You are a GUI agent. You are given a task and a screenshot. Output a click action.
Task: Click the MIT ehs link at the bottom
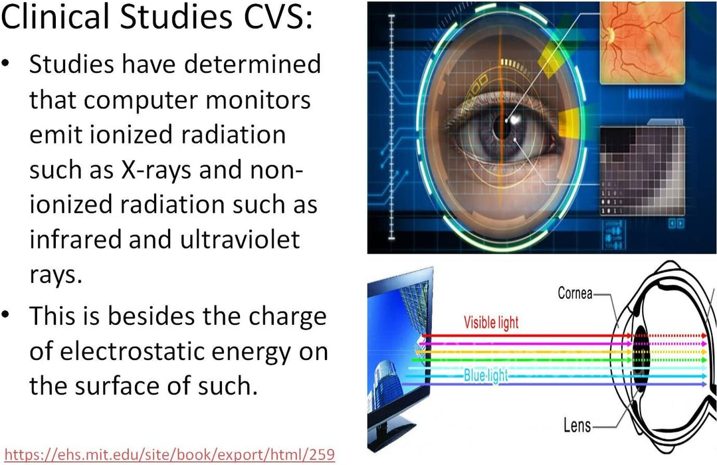pos(169,454)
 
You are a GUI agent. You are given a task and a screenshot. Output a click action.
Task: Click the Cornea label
pos(575,293)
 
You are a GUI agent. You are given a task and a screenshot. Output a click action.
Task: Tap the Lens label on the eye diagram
pos(577,426)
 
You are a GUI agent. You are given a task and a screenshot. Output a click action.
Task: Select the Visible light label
pos(491,322)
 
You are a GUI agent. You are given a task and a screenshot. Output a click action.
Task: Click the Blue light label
pos(486,375)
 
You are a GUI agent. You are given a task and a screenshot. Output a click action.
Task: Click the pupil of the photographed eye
pos(502,128)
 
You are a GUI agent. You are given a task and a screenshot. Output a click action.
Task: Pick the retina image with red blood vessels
pos(641,43)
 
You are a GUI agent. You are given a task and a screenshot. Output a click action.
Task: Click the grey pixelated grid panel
pos(642,171)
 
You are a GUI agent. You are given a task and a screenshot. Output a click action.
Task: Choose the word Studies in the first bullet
pos(72,64)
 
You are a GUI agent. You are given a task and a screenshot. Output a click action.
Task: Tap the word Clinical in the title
pos(56,17)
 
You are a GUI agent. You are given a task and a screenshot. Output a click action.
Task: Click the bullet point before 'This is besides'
pos(5,315)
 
